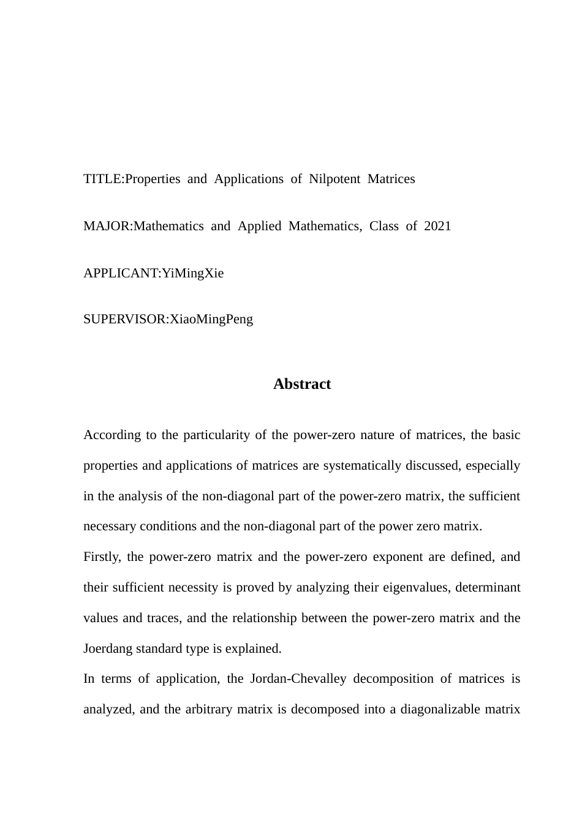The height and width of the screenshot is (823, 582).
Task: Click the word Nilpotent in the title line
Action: click(334, 179)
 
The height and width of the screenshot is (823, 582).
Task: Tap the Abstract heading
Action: click(302, 384)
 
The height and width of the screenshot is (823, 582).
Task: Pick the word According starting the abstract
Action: click(113, 435)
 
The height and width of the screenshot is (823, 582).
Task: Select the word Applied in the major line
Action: click(259, 226)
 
